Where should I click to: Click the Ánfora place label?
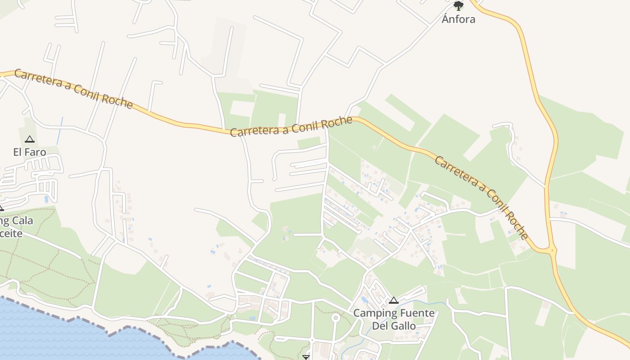(459, 19)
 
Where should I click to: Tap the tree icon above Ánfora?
(459, 6)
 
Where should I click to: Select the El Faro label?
(30, 152)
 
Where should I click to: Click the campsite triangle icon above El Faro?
(30, 139)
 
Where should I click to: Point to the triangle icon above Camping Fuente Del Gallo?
(394, 300)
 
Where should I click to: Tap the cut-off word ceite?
(11, 233)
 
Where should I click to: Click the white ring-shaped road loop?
(335, 318)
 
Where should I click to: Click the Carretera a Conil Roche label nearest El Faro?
(74, 89)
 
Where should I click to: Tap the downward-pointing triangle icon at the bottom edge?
(306, 357)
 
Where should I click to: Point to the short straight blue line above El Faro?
(59, 131)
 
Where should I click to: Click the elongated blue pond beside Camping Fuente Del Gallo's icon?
(364, 300)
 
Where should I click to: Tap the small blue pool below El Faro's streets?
(46, 198)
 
